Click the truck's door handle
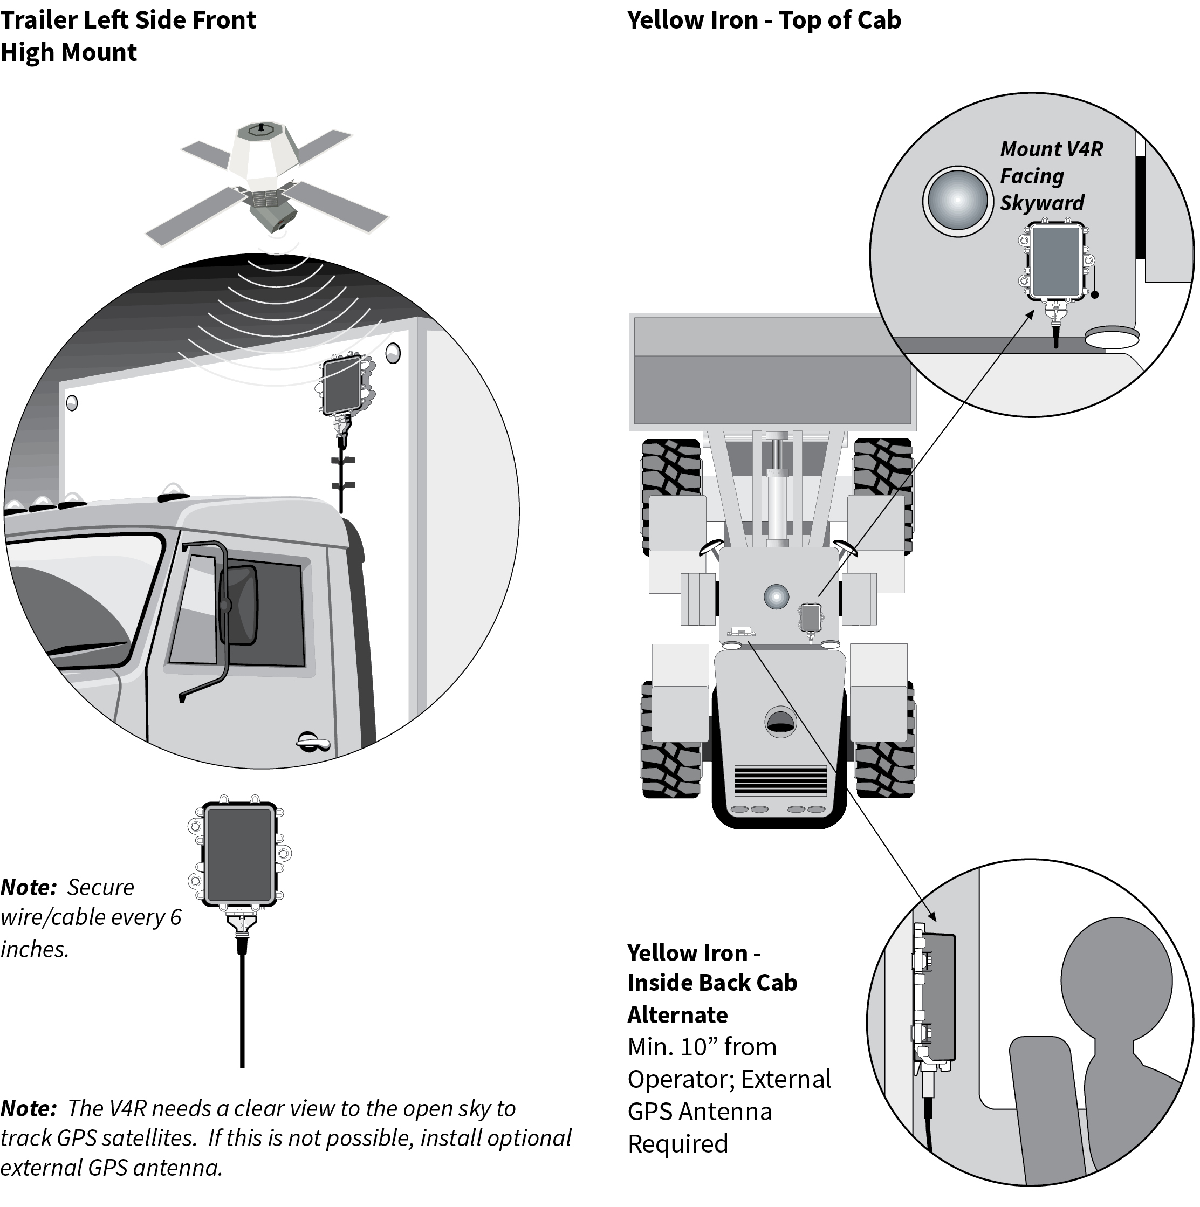coord(312,742)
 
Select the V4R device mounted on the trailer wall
coord(342,385)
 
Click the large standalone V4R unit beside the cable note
coord(240,853)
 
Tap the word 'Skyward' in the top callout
coord(1042,203)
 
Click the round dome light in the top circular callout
coord(957,201)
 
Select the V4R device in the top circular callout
coord(1055,263)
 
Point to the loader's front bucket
coord(772,372)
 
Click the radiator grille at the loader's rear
coord(780,781)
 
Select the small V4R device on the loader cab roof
coord(810,617)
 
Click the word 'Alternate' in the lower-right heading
coord(677,1015)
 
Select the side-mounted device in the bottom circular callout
coord(937,998)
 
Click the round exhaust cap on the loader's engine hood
coord(780,722)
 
